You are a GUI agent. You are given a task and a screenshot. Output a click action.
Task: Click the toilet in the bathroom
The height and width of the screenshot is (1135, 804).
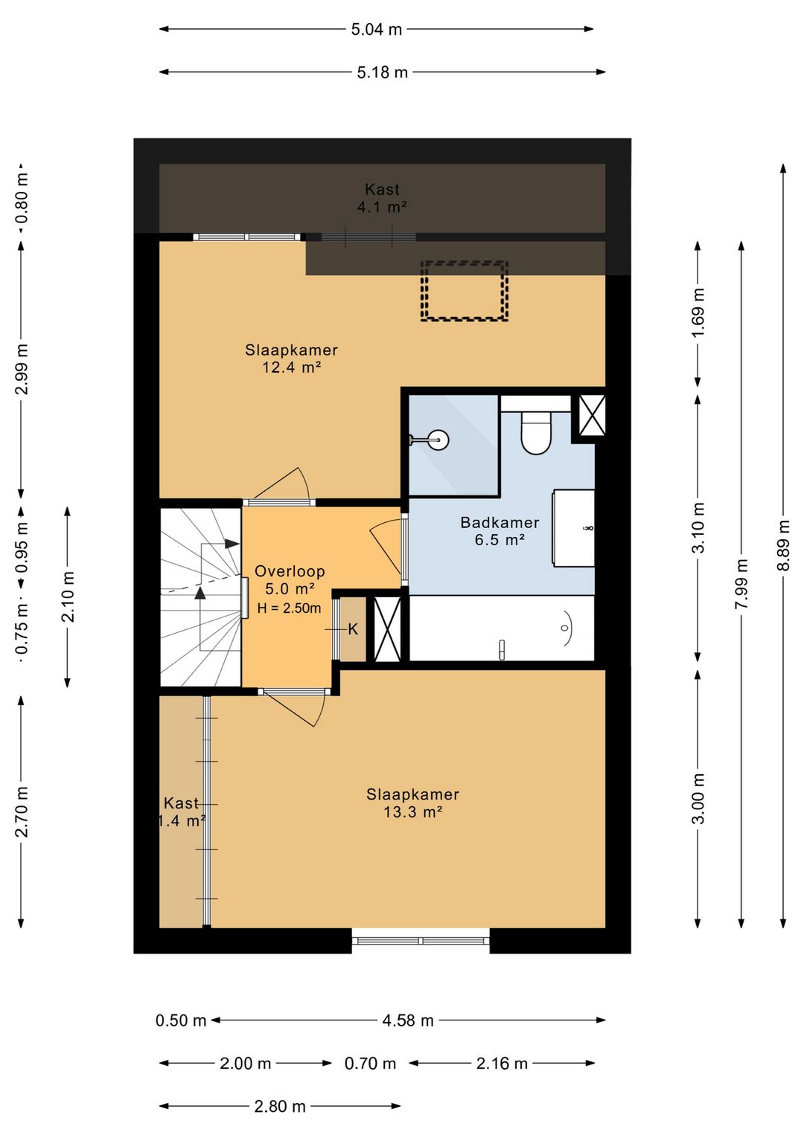tap(536, 433)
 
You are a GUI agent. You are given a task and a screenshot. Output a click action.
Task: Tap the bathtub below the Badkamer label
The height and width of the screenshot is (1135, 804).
tap(501, 628)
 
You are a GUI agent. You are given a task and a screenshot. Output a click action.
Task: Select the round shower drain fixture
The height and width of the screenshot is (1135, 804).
tap(436, 440)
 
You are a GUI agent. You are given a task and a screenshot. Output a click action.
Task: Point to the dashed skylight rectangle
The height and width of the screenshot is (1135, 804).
tap(464, 291)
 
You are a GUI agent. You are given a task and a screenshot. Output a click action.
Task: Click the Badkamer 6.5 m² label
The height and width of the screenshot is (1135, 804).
tap(500, 531)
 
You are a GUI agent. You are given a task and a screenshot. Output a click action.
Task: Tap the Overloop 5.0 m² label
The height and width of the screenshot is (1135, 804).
tap(290, 579)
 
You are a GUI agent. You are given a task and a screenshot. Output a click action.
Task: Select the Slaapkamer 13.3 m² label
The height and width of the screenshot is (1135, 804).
tap(413, 803)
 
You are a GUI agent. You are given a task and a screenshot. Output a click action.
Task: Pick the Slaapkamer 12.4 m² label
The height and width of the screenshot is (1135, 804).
tap(291, 358)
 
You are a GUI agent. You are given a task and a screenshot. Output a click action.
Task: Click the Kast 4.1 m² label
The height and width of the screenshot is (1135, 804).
tap(382, 198)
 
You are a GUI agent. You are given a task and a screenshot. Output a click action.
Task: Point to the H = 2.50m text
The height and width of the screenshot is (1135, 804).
tap(289, 608)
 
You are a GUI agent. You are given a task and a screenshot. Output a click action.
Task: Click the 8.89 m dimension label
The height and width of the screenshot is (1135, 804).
tap(784, 545)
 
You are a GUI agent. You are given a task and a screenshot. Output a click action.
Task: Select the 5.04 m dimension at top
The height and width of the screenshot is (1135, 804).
tap(377, 30)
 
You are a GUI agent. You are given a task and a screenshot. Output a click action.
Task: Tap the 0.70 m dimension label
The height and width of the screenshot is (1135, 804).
tap(370, 1063)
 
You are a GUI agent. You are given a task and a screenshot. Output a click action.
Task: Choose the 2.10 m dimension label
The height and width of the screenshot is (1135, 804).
tap(68, 597)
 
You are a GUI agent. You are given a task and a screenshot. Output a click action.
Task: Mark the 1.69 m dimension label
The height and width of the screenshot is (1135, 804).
tap(698, 312)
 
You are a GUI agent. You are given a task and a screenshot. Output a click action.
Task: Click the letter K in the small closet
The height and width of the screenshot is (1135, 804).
tap(353, 629)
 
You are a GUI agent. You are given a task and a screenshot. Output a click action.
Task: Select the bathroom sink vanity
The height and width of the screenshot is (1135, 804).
tap(573, 528)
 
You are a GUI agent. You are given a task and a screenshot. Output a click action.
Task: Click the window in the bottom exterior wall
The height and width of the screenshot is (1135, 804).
tap(421, 941)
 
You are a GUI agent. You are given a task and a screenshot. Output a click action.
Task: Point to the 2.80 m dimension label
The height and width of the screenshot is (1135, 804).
tap(280, 1106)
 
